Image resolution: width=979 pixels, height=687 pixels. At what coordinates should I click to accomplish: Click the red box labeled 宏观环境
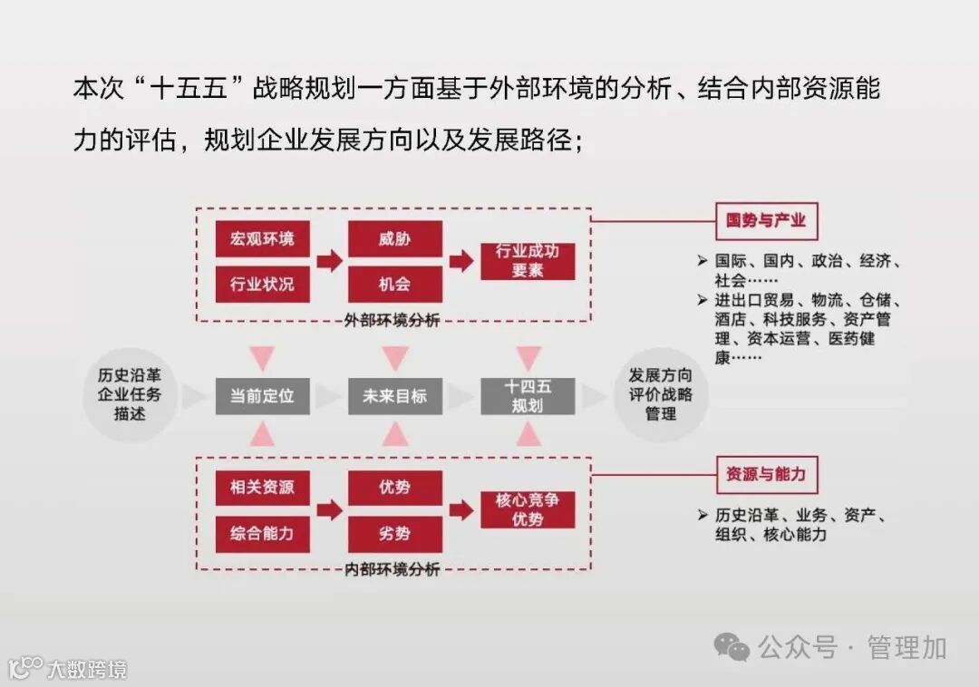click(x=262, y=238)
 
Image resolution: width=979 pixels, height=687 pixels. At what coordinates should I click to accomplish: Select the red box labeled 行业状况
click(x=262, y=284)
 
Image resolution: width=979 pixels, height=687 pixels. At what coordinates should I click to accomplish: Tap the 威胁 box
click(x=394, y=238)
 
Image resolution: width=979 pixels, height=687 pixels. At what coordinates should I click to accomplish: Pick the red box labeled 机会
click(x=394, y=284)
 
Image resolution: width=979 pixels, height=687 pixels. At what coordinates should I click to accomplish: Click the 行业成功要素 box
click(x=527, y=261)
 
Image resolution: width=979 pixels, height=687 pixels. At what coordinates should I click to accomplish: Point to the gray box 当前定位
click(x=262, y=396)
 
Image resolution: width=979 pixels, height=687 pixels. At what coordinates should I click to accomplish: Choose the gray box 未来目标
click(x=394, y=396)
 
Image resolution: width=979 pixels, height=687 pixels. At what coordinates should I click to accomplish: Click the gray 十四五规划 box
click(x=527, y=396)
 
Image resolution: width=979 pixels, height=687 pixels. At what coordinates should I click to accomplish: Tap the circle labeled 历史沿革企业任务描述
click(x=131, y=396)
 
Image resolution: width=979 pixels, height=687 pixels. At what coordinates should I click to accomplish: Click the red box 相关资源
click(x=262, y=488)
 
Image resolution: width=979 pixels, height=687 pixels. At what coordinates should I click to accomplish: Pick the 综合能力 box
click(x=262, y=534)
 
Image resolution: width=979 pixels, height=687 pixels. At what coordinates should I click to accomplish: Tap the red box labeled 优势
click(x=394, y=488)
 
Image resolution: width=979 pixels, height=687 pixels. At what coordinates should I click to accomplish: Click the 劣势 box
click(x=394, y=534)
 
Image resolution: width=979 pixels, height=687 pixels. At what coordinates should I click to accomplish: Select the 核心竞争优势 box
click(x=527, y=510)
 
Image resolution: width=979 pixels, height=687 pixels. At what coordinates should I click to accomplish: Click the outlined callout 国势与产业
click(x=766, y=220)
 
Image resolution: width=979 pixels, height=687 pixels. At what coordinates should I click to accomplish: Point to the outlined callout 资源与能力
click(x=766, y=474)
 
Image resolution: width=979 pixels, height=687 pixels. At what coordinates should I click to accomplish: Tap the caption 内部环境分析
click(x=393, y=570)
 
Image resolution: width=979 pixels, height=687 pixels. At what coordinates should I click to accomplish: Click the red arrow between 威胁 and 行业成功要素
click(x=461, y=261)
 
